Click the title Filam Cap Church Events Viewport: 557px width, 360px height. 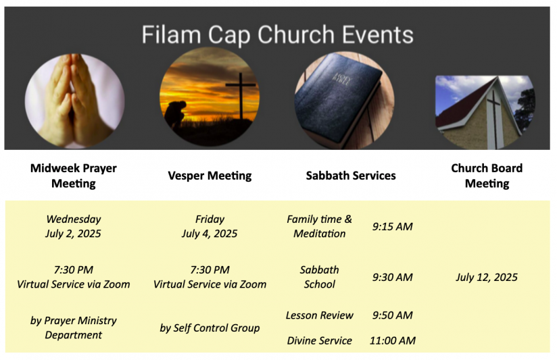[277, 34]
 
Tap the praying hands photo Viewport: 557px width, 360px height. [74, 101]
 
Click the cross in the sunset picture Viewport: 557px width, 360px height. [241, 96]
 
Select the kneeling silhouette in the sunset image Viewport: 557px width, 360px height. [176, 113]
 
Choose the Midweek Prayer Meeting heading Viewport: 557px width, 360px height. [74, 176]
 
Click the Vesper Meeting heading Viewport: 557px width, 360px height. [210, 176]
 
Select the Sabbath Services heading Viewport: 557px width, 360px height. [351, 176]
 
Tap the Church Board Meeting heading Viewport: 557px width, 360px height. [487, 176]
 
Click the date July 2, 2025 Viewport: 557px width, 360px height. [73, 234]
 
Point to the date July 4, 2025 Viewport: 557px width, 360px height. [210, 234]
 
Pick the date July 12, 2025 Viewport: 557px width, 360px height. [487, 278]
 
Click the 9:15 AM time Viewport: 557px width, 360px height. [393, 226]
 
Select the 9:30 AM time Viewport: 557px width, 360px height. [393, 278]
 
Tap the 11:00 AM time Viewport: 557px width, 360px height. [393, 341]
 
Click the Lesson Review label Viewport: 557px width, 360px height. [319, 315]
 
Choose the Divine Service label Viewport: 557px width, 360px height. [319, 341]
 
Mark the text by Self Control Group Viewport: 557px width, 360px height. [210, 328]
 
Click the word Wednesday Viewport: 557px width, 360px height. [74, 219]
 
